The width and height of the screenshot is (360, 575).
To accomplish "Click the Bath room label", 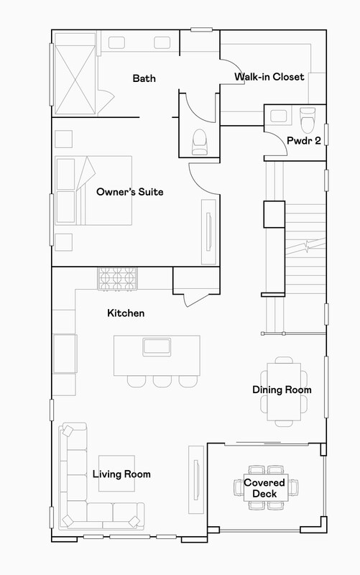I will coord(144,78).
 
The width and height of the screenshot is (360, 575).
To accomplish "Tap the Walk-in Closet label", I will coord(269,76).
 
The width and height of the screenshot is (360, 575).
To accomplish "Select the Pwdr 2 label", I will coord(303,140).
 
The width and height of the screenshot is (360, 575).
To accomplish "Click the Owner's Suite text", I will coord(130,192).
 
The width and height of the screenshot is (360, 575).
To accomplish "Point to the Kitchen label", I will coord(126,313).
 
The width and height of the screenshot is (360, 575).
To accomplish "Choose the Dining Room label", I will coord(282,390).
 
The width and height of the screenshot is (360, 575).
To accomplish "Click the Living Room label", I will coord(121,474).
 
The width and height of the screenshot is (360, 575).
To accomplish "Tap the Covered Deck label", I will coord(265,488).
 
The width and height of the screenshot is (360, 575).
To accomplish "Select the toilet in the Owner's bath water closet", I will coord(200,140).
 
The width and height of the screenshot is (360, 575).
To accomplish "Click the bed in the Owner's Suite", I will coord(93,190).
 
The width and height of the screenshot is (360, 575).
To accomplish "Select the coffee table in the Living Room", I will coord(116,474).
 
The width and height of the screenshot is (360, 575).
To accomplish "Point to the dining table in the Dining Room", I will coord(283,391).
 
